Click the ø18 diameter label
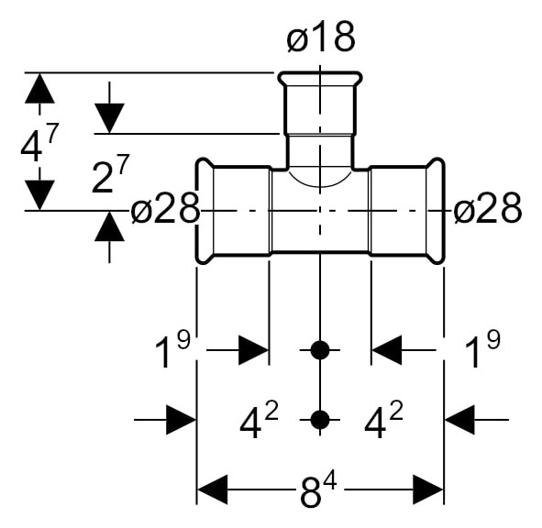pos(321,37)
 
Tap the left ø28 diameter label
pos(165,209)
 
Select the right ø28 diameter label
pos(487,209)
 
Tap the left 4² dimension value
pos(259,420)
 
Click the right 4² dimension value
pos(383,420)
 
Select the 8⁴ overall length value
pos(318,490)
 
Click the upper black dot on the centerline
pos(320,350)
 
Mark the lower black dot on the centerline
pos(320,420)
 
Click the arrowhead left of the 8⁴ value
pos(212,489)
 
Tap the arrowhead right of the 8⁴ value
pos(428,489)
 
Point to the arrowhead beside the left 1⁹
pos(254,350)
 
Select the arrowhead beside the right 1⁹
pos(386,350)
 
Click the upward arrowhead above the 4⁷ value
pos(39,88)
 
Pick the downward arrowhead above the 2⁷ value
pos(109,118)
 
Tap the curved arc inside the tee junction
pos(320,187)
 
